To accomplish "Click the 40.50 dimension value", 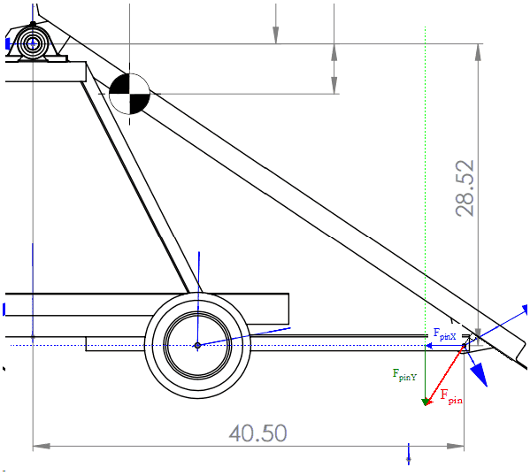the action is click(x=257, y=433).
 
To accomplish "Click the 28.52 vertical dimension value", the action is click(x=465, y=188).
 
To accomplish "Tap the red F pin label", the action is click(x=451, y=396).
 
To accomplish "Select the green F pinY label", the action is click(x=404, y=375).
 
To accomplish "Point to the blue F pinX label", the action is click(x=445, y=334).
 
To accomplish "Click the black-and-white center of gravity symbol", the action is click(x=129, y=94).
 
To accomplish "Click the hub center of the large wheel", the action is click(x=197, y=345).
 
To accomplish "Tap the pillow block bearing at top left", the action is click(x=33, y=43).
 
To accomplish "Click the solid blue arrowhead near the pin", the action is click(x=479, y=373).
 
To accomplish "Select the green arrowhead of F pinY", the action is click(x=426, y=402).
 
